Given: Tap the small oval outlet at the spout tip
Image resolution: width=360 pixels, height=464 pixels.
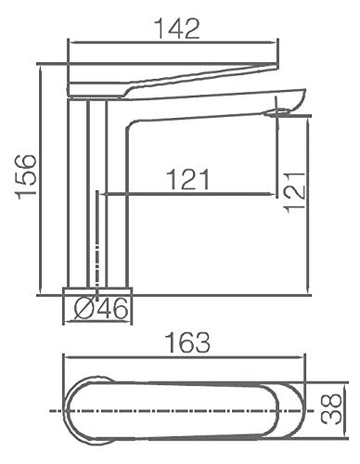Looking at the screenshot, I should (277, 113).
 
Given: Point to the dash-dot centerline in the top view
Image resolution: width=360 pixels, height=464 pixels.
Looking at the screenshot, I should (186, 409).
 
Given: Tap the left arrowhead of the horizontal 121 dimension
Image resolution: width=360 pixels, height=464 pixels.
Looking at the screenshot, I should (103, 195).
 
